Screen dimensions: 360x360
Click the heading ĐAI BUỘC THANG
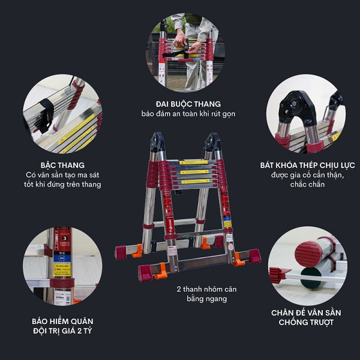188,104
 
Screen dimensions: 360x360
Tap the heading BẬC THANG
62,165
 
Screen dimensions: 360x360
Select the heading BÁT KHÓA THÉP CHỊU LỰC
307,165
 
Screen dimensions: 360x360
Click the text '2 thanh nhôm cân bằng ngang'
206,294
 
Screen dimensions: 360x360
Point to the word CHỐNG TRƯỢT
306,322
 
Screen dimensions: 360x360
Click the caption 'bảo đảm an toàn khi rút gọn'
188,114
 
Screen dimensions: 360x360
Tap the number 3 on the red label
65,238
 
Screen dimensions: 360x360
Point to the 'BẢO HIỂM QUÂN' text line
62,321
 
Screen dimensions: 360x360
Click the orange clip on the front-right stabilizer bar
238,259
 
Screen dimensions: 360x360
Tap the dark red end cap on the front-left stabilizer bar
145,273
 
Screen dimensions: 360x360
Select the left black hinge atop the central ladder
157,142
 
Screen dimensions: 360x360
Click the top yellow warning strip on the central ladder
194,163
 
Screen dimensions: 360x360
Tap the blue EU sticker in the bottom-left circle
62,259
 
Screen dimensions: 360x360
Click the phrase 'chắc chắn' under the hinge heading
307,184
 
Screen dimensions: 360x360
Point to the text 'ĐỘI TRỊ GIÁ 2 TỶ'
62,331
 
